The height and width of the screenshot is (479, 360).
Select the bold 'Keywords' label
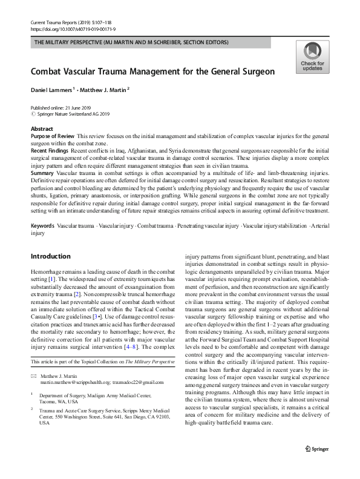click(x=42, y=225)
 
